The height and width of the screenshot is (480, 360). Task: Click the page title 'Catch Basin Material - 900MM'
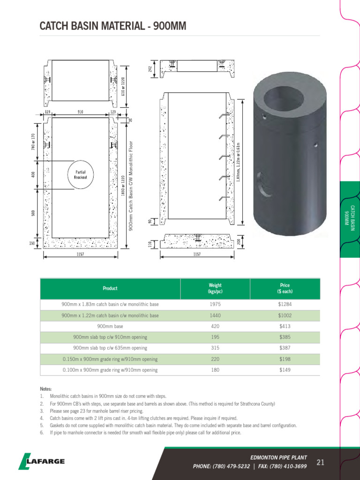[x=113, y=26]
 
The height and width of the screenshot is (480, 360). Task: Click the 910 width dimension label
[x=81, y=112]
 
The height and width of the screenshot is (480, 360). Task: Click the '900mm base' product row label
[x=110, y=327]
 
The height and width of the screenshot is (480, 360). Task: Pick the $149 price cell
[x=285, y=370]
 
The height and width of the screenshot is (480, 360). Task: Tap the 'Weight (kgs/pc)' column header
[x=215, y=288]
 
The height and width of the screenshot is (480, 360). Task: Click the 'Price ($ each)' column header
[x=285, y=288]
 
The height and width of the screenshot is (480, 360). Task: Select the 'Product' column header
[x=110, y=288]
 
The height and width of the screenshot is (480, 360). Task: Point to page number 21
[x=321, y=463]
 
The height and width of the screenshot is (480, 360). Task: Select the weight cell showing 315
[x=215, y=348]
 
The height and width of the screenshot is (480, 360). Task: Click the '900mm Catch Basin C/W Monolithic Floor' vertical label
[x=132, y=185]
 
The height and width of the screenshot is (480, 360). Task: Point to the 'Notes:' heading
[x=46, y=389]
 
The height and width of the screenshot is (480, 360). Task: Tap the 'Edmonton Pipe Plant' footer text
[x=279, y=457]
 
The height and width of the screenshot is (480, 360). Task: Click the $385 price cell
[x=285, y=337]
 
